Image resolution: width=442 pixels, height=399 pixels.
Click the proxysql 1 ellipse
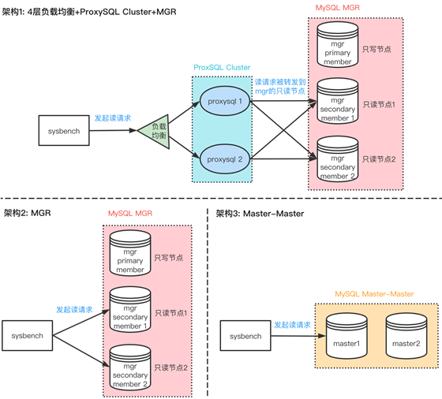[225, 101]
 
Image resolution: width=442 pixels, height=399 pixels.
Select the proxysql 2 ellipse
[225, 159]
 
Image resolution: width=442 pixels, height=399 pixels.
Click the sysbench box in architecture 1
[64, 130]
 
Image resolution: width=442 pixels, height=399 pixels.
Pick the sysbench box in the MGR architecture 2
[28, 335]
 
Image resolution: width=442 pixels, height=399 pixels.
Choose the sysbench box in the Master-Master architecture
[245, 336]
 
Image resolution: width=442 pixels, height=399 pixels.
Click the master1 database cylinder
[346, 336]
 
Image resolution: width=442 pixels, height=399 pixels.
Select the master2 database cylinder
[406, 336]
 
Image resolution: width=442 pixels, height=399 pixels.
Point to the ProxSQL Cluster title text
[222, 68]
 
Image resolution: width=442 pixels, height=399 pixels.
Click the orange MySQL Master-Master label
[374, 294]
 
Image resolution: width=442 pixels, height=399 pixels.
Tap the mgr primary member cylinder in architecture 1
[338, 44]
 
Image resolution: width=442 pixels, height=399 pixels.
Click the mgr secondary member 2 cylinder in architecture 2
[130, 367]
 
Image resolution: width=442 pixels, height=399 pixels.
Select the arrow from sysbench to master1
[298, 336]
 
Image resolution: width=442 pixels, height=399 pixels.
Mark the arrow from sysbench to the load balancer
[113, 130]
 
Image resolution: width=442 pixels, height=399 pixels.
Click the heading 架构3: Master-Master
[260, 214]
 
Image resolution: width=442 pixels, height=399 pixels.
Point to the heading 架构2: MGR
[28, 213]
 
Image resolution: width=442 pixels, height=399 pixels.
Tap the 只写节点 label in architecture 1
[376, 49]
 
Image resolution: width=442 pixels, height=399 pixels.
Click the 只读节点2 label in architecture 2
[170, 367]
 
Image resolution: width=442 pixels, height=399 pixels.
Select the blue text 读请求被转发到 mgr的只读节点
[280, 87]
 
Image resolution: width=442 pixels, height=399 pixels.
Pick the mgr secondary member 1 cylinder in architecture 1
[338, 101]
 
